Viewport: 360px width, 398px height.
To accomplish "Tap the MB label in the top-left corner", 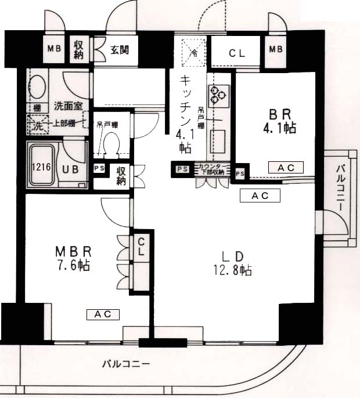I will point(55,49).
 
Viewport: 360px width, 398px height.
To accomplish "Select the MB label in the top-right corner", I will point(276,49).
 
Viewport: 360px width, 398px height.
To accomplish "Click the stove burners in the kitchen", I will point(218,95).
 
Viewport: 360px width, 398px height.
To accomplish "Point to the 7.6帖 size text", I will point(74,266).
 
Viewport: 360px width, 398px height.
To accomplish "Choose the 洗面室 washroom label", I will point(68,106).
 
